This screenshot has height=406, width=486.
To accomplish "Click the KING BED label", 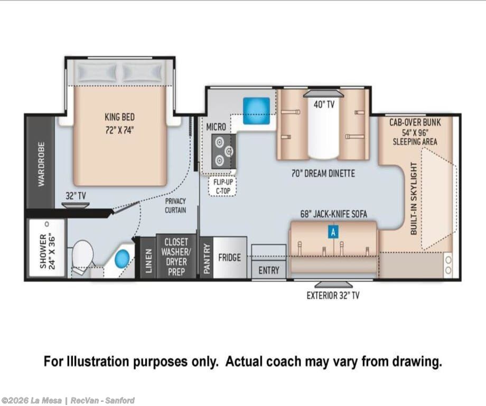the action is click(119, 117).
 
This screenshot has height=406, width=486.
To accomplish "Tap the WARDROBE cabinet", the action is click(41, 163).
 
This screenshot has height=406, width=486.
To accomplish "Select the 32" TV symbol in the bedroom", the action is click(76, 205).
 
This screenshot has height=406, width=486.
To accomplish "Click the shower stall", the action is click(47, 248).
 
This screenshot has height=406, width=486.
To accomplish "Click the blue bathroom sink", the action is click(122, 258).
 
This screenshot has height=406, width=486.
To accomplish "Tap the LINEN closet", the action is click(148, 257).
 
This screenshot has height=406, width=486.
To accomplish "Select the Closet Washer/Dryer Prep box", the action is click(176, 256).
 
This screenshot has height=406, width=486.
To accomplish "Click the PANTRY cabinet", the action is click(207, 257).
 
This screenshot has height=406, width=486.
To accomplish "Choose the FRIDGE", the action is click(230, 257).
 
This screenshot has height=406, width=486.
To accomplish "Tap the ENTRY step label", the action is click(269, 270).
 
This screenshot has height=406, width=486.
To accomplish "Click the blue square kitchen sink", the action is click(256, 111).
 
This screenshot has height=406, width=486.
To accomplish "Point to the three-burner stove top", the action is click(223, 151).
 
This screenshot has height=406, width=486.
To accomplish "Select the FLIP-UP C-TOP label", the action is click(223, 186).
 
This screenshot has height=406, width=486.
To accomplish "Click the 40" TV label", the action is click(324, 104).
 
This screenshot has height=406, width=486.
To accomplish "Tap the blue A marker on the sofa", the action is click(333, 232).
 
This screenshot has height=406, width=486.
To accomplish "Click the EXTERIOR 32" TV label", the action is click(333, 295).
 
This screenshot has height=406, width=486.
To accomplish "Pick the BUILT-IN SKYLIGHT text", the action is click(414, 199).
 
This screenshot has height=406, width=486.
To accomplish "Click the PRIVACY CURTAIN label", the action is click(175, 205).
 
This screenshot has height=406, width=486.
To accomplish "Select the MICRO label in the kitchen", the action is click(216, 127).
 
